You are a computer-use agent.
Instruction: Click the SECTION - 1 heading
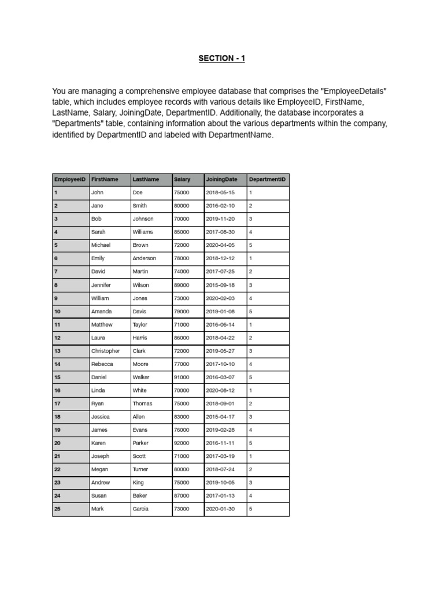tap(221, 58)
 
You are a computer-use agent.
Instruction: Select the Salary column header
tap(182, 180)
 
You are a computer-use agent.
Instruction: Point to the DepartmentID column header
tap(267, 180)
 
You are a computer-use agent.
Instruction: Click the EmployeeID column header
tap(70, 180)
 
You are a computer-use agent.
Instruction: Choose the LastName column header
tap(146, 180)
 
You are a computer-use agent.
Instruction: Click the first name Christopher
tap(106, 351)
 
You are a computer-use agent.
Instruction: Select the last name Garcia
tap(140, 509)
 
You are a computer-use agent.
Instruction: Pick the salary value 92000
tap(182, 443)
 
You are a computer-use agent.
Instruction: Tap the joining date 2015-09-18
tap(220, 285)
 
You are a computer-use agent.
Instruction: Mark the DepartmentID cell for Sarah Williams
tap(250, 232)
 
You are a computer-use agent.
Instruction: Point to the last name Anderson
tap(145, 258)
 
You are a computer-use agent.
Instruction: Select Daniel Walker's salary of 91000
tap(182, 377)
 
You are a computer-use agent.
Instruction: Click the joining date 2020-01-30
tap(220, 509)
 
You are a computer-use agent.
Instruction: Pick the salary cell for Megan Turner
tap(182, 469)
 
